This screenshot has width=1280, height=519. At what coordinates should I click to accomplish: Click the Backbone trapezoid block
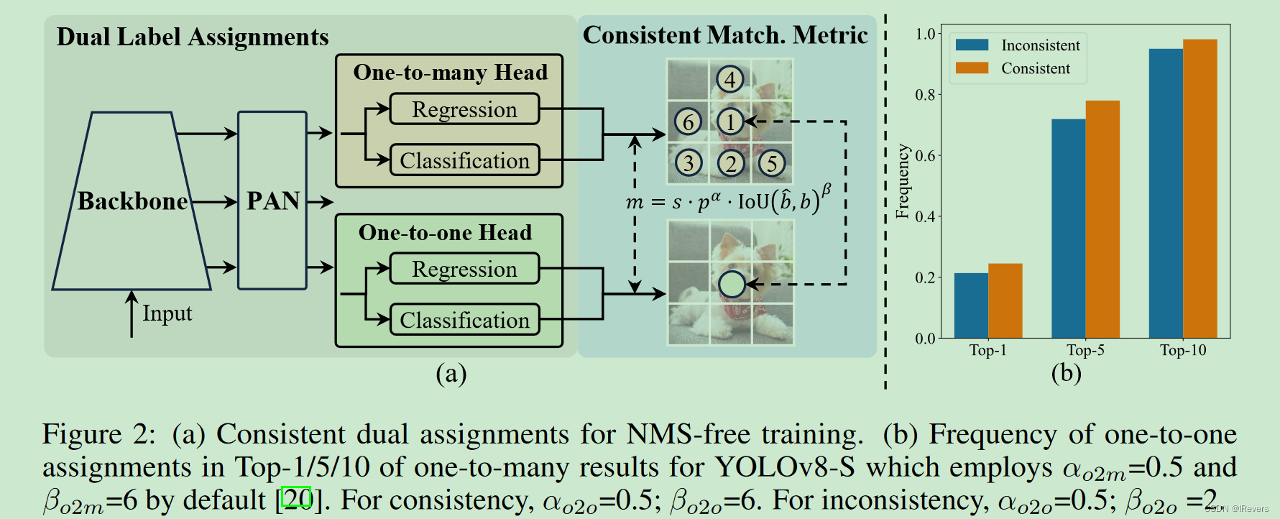click(132, 201)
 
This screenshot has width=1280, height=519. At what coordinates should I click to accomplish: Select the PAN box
click(272, 201)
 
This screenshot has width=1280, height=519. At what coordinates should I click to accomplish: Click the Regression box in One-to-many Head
click(464, 109)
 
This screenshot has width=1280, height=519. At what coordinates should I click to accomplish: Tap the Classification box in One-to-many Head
click(464, 160)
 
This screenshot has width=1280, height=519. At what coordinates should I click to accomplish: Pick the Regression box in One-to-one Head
click(464, 269)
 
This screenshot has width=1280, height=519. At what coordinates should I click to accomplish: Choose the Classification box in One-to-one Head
click(464, 320)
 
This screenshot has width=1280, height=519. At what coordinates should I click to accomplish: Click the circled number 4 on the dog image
click(730, 79)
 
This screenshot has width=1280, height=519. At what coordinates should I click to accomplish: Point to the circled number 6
click(688, 122)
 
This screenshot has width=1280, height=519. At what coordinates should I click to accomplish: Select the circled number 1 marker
click(731, 122)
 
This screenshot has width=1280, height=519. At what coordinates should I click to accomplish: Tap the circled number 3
click(689, 163)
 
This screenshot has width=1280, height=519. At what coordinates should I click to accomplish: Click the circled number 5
click(772, 163)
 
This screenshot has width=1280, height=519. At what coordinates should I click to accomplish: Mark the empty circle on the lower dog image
click(732, 285)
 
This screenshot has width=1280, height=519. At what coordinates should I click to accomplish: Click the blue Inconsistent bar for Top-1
click(971, 306)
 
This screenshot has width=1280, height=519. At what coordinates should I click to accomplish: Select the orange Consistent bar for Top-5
click(1102, 219)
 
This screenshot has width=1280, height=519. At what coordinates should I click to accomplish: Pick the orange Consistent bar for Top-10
click(1200, 188)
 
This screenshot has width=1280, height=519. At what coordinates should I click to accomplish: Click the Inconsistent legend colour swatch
click(972, 45)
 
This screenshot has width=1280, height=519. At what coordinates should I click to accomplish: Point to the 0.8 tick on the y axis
click(926, 95)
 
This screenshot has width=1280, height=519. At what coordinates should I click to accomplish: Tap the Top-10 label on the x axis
click(1183, 350)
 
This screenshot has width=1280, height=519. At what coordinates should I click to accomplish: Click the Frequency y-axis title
click(903, 181)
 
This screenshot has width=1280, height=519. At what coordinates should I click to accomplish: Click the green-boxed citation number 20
click(297, 497)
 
